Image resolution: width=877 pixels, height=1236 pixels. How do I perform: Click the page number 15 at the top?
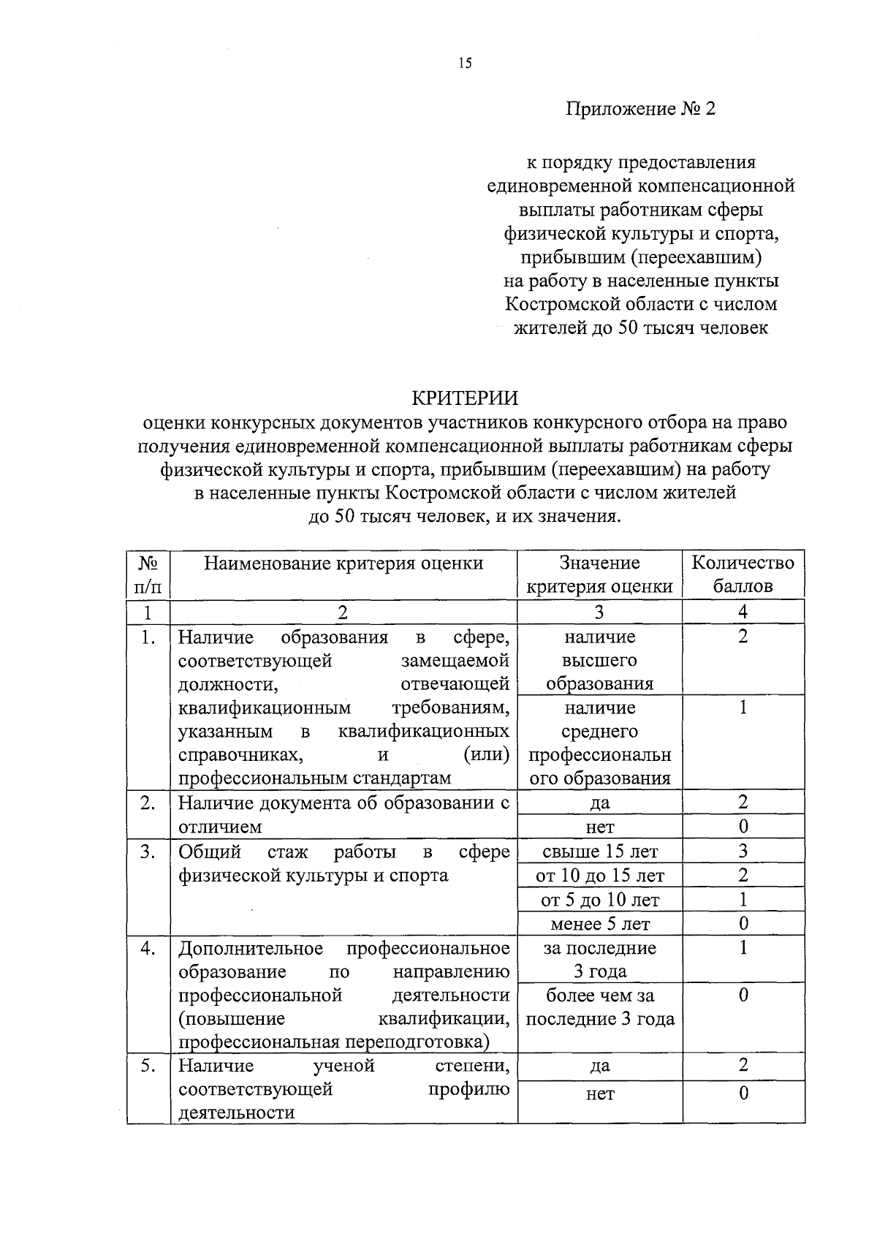tap(466, 63)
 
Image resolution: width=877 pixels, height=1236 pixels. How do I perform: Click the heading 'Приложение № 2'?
tap(640, 109)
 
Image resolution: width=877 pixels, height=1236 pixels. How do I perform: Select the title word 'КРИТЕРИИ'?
tap(465, 398)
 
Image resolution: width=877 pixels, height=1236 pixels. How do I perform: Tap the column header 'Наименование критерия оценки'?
tap(343, 563)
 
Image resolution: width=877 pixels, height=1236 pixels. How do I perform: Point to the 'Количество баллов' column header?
tap(743, 575)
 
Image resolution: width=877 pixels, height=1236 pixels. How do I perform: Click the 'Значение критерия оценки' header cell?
tap(599, 575)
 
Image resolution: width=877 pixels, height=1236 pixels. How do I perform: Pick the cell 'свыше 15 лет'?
tap(599, 852)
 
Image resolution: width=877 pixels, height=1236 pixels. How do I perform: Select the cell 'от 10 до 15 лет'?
tap(599, 876)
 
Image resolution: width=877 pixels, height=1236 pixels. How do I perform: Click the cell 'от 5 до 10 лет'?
tap(599, 900)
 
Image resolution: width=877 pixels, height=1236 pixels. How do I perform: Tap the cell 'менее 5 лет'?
tap(599, 924)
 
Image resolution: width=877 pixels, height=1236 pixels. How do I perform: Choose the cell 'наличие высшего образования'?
tap(599, 660)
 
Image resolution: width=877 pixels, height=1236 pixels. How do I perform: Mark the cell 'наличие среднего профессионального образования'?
tap(599, 743)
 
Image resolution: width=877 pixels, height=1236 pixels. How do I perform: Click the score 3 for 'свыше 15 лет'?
tap(743, 851)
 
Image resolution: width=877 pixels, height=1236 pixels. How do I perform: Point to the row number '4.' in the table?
tap(148, 948)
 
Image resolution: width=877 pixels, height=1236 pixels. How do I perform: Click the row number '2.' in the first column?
tap(148, 803)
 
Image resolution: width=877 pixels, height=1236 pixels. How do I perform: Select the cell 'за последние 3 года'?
tap(599, 960)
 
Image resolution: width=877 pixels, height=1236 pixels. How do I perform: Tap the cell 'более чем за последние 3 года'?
tap(599, 1007)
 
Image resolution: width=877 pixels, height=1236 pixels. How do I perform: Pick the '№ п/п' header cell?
tap(148, 575)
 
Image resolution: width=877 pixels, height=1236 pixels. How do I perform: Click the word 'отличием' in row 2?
tap(220, 827)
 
